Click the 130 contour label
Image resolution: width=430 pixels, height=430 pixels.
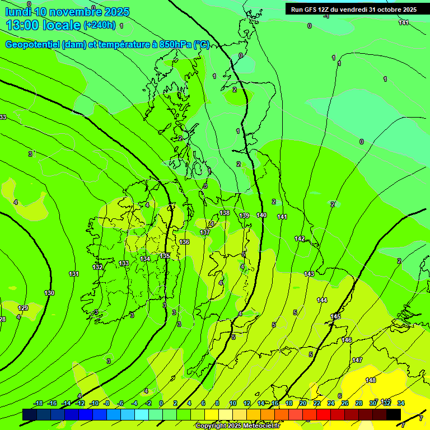click(x=49, y=293)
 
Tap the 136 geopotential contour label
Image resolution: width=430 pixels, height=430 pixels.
click(x=184, y=242)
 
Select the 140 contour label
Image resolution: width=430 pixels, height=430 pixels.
click(x=261, y=215)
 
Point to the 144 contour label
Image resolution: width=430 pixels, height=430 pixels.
click(x=322, y=300)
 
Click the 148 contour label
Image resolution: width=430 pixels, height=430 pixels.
click(x=371, y=380)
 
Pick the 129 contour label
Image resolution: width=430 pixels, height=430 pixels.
click(x=23, y=308)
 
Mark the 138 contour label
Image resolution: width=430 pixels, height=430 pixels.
click(x=225, y=213)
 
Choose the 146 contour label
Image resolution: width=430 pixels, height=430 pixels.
click(x=347, y=340)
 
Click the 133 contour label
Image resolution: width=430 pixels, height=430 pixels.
click(x=124, y=263)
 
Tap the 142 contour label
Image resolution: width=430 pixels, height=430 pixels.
click(x=300, y=239)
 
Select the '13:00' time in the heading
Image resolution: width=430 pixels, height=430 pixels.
click(x=21, y=25)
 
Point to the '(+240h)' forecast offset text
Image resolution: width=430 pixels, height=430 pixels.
click(x=100, y=25)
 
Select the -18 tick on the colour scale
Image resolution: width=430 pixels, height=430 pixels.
click(x=39, y=403)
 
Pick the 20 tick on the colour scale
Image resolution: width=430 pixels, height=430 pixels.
click(x=303, y=403)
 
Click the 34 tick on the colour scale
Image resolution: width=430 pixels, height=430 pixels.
click(x=401, y=403)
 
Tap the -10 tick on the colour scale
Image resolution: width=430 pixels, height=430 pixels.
click(x=95, y=403)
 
